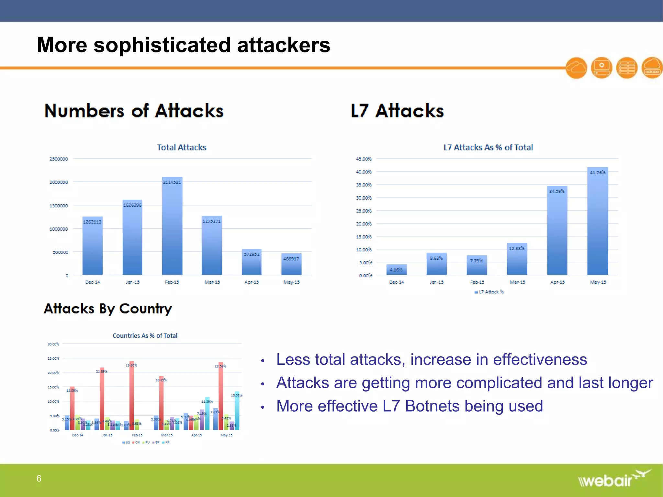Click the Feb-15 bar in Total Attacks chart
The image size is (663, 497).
click(172, 226)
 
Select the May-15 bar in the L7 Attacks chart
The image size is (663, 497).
click(598, 223)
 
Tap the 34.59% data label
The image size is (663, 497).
click(557, 191)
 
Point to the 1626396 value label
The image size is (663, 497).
click(132, 205)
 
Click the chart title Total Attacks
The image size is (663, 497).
click(182, 148)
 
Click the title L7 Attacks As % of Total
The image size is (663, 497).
click(488, 148)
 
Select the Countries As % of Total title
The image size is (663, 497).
click(145, 336)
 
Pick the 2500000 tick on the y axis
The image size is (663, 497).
click(59, 159)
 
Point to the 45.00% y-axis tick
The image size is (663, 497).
click(364, 159)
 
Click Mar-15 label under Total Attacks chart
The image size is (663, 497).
click(212, 282)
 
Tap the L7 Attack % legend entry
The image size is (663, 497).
click(489, 292)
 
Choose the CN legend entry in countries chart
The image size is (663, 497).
click(136, 442)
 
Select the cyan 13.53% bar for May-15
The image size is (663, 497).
click(237, 411)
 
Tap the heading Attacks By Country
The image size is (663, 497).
click(108, 309)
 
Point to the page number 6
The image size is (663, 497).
click(39, 478)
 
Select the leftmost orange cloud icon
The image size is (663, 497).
click(576, 68)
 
